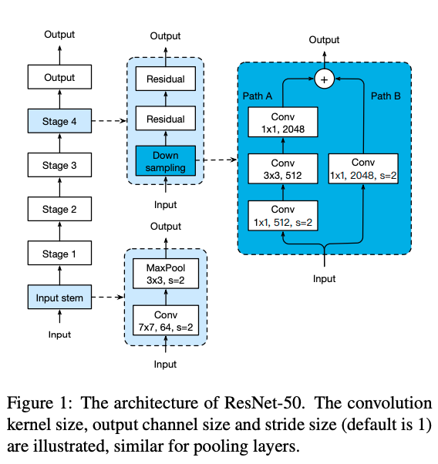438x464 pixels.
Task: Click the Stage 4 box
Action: click(x=59, y=121)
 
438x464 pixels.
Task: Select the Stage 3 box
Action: click(x=59, y=165)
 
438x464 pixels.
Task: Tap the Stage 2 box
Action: click(x=59, y=209)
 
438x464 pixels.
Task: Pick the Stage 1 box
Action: click(x=59, y=253)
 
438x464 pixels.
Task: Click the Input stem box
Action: click(x=59, y=297)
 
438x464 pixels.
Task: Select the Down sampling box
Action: click(x=166, y=160)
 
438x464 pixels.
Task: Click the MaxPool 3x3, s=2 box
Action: click(x=166, y=274)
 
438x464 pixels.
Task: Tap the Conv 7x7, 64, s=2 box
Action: click(x=166, y=321)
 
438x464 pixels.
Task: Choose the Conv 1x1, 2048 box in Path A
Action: click(x=283, y=122)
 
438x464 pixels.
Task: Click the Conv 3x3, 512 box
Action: click(x=283, y=169)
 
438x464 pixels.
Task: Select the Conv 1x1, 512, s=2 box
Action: click(x=283, y=216)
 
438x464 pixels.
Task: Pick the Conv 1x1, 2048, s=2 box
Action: click(x=363, y=169)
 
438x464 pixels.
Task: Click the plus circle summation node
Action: click(x=325, y=79)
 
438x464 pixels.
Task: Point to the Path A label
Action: click(x=258, y=96)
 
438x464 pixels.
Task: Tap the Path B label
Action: click(x=386, y=96)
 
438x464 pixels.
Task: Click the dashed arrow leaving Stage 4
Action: click(x=109, y=121)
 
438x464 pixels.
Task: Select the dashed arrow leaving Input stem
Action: click(x=108, y=297)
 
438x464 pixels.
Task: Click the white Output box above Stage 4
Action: click(x=59, y=77)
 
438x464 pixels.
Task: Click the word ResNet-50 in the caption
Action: click(x=263, y=403)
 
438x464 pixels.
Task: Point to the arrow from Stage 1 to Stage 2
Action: click(x=59, y=231)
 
